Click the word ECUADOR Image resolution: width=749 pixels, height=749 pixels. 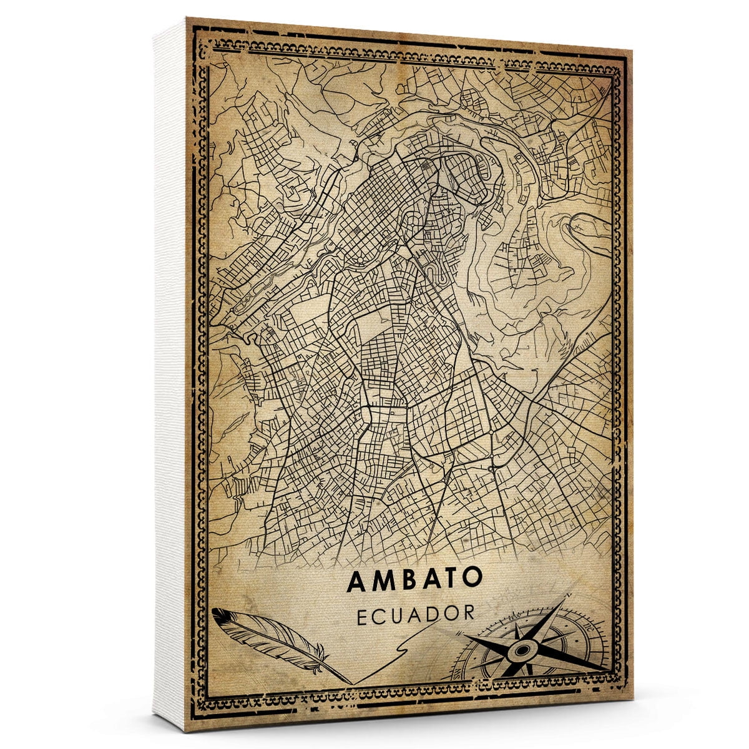[x=416, y=613]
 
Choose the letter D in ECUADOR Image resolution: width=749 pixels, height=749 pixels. [x=434, y=613]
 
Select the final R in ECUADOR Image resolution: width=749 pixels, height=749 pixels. [x=468, y=613]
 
